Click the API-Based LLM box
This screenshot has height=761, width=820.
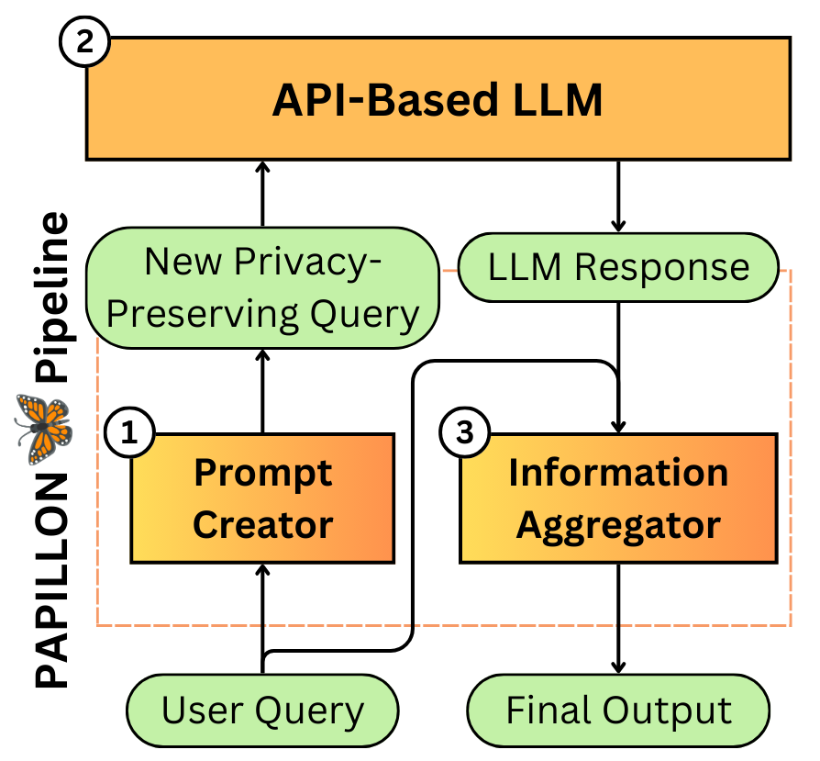[438, 98]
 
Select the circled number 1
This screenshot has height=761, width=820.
[131, 434]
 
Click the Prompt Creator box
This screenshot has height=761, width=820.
[263, 498]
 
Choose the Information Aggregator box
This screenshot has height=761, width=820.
[618, 498]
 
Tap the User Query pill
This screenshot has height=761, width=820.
[262, 711]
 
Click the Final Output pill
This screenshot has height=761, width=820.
[618, 711]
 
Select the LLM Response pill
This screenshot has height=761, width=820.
[618, 267]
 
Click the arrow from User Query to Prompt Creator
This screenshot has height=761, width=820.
[263, 615]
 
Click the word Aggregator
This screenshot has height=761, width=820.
[618, 526]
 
